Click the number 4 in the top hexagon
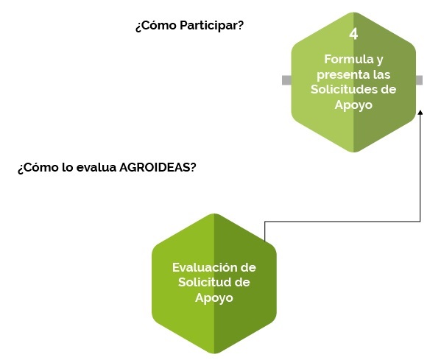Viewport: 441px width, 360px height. (x=353, y=34)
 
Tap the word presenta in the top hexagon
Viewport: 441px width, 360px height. (x=339, y=75)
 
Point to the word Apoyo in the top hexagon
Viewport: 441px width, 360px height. (x=353, y=105)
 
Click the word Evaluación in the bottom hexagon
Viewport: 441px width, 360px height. (x=202, y=267)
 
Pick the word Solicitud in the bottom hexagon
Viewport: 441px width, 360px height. (x=202, y=282)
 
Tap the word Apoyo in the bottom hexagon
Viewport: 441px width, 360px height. (x=214, y=298)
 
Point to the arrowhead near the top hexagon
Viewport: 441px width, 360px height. (x=420, y=112)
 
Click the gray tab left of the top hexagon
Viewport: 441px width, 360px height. (x=286, y=80)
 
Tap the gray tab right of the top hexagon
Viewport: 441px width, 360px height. (x=419, y=80)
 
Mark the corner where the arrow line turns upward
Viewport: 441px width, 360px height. (x=420, y=222)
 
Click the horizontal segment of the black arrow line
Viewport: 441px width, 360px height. (x=342, y=222)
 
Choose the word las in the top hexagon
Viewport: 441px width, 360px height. (x=382, y=74)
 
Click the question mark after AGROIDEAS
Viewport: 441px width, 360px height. (x=193, y=168)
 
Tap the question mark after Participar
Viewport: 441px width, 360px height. (x=241, y=25)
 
